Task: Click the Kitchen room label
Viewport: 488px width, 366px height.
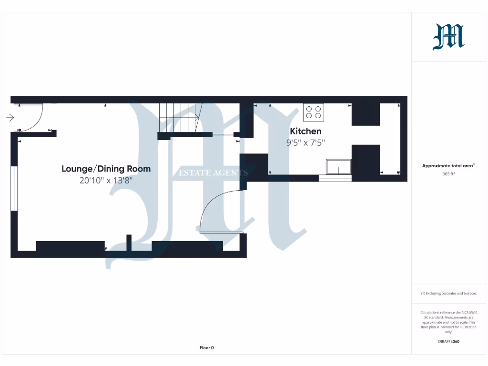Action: pyautogui.click(x=305, y=131)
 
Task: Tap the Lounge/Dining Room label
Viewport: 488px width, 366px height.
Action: pyautogui.click(x=106, y=169)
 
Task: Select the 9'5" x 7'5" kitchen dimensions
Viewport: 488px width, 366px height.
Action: pyautogui.click(x=305, y=142)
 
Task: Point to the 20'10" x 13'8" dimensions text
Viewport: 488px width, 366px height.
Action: pyautogui.click(x=106, y=181)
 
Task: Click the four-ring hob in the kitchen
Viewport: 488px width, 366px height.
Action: pyautogui.click(x=313, y=112)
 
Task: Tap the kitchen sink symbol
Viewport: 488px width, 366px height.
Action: pyautogui.click(x=338, y=167)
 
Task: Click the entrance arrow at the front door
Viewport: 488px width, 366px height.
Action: pyautogui.click(x=10, y=118)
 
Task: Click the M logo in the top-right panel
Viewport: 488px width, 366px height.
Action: pyautogui.click(x=448, y=37)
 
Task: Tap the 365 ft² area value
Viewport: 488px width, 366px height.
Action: pyautogui.click(x=448, y=174)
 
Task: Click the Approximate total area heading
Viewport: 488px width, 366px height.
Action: pyautogui.click(x=448, y=166)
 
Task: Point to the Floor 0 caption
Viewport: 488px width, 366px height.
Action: pyautogui.click(x=206, y=348)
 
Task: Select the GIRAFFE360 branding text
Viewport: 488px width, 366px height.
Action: pyautogui.click(x=448, y=341)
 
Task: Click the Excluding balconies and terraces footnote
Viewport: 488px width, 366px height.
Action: pyautogui.click(x=448, y=294)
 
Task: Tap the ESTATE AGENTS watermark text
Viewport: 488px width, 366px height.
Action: pyautogui.click(x=213, y=173)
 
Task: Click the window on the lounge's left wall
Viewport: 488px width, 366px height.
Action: pyautogui.click(x=14, y=188)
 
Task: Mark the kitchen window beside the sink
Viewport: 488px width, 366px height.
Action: pyautogui.click(x=335, y=178)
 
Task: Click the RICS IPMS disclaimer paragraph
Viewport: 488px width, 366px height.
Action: pyautogui.click(x=448, y=322)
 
